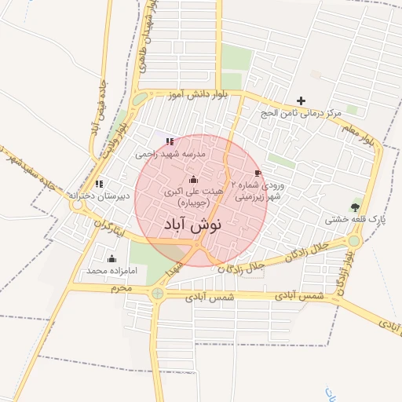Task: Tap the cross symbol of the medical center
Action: coord(301,100)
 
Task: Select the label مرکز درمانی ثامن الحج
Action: coord(302,114)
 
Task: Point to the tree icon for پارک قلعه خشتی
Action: coord(356,207)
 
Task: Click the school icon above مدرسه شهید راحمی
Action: coord(170,142)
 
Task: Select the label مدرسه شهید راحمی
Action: coord(170,155)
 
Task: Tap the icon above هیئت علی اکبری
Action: coord(194,179)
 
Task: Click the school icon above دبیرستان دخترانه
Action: coord(98,183)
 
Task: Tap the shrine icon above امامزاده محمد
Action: coord(111,258)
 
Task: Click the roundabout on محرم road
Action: coord(159,294)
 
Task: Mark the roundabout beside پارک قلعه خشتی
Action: coord(355,241)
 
